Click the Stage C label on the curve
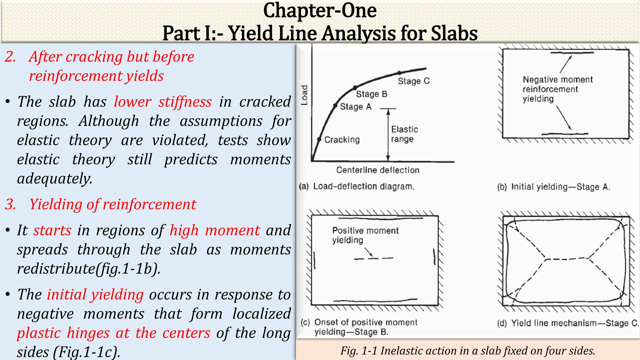(x=413, y=81)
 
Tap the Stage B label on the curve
(x=372, y=94)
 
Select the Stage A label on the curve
(x=356, y=107)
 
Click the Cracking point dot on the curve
(x=319, y=139)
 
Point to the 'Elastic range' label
(x=404, y=134)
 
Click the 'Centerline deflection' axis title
(x=377, y=170)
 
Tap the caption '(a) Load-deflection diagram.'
(x=357, y=187)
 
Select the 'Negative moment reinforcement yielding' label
(x=557, y=89)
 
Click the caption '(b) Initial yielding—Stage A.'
(x=553, y=187)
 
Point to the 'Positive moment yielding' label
(x=365, y=235)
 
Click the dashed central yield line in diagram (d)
(x=567, y=259)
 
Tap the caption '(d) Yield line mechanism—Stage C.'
(x=567, y=323)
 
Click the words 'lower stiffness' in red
(x=162, y=102)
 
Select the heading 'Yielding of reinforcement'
(x=112, y=204)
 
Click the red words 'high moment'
(x=214, y=231)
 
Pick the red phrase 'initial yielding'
(x=95, y=295)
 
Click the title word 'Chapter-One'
(x=320, y=11)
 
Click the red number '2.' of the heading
(x=10, y=57)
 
